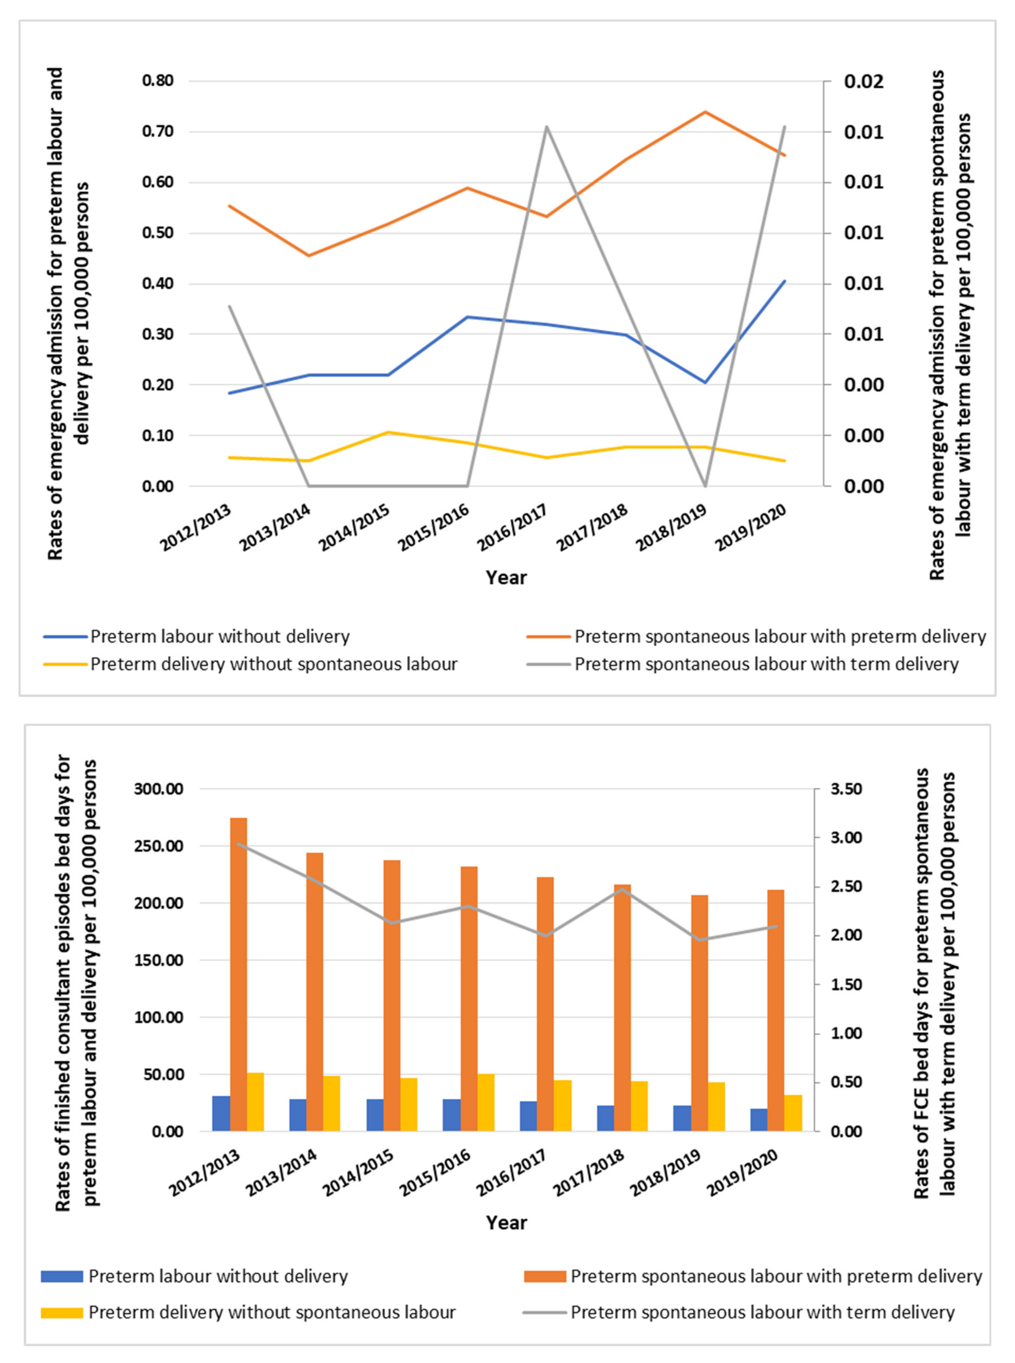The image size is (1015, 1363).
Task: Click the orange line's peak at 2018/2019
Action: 705,112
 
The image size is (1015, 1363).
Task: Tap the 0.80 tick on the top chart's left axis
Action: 158,80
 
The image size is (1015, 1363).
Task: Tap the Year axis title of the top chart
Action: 506,577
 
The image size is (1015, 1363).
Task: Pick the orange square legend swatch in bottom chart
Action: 544,1276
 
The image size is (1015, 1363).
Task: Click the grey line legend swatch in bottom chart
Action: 544,1312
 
